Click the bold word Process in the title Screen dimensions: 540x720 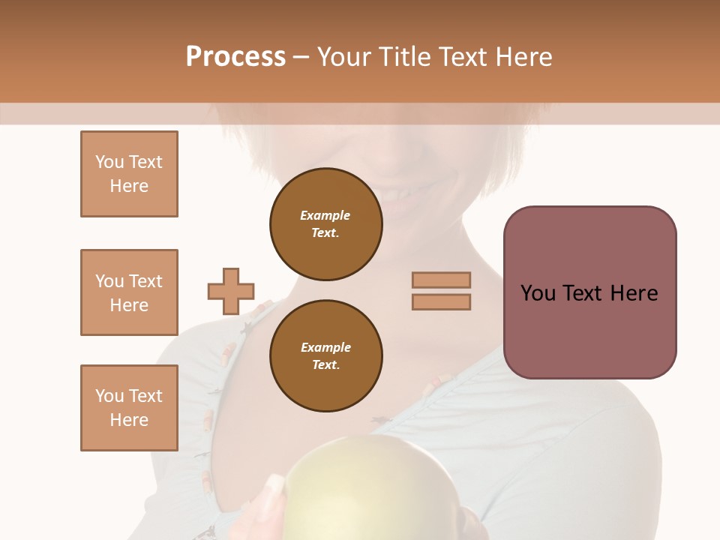235,57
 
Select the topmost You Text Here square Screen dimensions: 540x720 129,174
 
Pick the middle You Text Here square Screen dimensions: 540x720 129,292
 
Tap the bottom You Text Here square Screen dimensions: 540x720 129,407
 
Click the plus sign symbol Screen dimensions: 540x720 231,291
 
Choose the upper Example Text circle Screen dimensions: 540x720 325,224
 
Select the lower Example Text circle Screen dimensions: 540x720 325,356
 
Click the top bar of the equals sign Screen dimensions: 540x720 441,280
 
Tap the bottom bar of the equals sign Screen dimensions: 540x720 441,301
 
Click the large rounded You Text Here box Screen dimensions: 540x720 589,292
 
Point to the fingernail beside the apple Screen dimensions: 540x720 274,486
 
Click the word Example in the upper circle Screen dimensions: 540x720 325,215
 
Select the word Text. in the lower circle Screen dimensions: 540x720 325,365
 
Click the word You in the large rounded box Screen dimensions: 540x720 537,293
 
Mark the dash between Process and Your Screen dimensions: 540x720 301,58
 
